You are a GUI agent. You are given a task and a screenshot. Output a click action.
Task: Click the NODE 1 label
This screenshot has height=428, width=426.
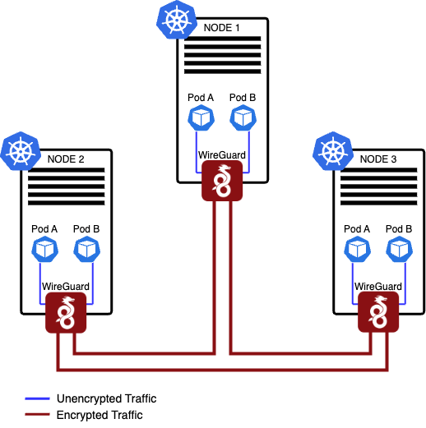[221, 28]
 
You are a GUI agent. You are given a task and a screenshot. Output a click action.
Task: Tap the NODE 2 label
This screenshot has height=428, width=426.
[65, 159]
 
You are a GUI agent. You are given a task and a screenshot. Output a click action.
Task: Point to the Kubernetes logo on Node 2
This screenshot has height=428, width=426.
[21, 151]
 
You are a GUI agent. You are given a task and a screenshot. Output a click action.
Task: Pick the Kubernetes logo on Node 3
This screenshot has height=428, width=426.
[333, 151]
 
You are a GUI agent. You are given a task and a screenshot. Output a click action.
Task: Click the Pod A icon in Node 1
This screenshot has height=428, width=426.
[200, 118]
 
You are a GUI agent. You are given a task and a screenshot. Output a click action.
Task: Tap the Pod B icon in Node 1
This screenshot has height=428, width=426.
[243, 118]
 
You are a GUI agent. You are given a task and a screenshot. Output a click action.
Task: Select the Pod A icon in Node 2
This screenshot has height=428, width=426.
[44, 249]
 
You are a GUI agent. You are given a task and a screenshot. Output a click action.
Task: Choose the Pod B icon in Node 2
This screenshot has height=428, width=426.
[86, 249]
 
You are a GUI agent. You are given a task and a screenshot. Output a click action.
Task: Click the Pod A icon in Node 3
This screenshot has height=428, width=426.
[356, 249]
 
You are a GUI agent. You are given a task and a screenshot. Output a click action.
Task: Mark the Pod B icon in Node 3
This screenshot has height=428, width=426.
[399, 249]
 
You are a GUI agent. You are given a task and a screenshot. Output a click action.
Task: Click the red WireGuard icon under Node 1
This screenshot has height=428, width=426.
[221, 181]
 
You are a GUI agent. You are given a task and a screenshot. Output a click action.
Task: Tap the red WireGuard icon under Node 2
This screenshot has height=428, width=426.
[65, 313]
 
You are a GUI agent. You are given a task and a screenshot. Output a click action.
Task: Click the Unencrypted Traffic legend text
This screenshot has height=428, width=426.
[106, 398]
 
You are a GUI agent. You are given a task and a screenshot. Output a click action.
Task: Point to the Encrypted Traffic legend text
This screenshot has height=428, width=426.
[100, 415]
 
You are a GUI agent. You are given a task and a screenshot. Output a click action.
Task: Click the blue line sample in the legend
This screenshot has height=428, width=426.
[38, 399]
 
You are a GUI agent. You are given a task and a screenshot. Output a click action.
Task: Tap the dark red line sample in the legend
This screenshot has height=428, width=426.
[38, 416]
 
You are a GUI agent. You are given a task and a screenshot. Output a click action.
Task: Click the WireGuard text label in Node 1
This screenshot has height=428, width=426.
[221, 154]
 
